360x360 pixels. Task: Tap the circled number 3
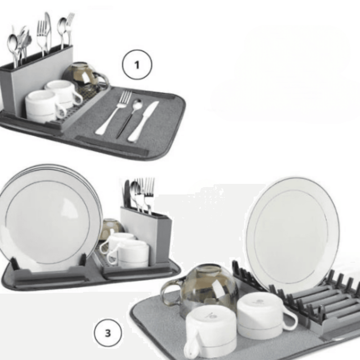pyautogui.click(x=107, y=334)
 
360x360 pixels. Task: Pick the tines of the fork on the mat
pyautogui.click(x=124, y=98)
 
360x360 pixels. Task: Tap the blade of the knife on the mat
pyautogui.click(x=150, y=111)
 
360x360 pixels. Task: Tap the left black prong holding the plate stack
pyautogui.click(x=15, y=263)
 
